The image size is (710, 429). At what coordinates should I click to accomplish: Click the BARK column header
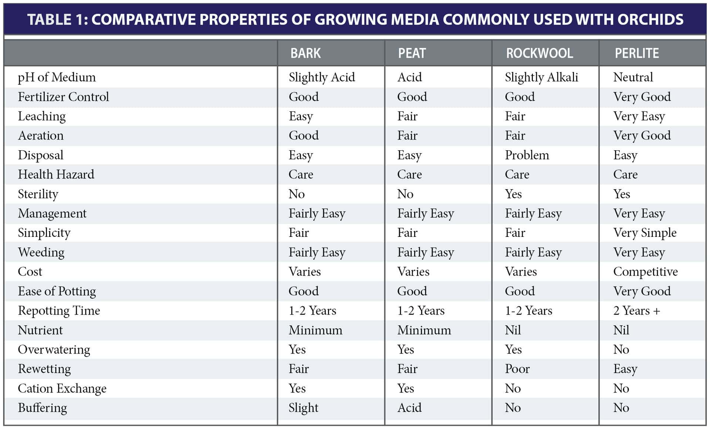coord(305,53)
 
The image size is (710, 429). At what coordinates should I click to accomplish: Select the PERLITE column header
coord(636,53)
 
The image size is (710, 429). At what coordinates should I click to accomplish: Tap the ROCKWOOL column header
coord(539,53)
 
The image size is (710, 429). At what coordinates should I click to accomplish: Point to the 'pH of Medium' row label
coord(57,77)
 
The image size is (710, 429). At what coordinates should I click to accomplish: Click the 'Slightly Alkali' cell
coord(541,77)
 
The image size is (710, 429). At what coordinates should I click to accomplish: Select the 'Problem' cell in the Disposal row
coord(527,155)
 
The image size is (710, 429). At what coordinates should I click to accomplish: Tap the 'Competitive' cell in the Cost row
coord(645,272)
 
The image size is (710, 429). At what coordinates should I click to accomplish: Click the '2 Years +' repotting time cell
coord(636,311)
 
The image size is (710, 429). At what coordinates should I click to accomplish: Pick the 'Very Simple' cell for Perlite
coord(645,233)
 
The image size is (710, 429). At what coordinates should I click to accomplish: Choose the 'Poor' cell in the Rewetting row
coord(517,369)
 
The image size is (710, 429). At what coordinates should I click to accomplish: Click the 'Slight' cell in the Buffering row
coord(303,408)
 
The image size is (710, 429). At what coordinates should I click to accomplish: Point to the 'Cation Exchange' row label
coord(62,388)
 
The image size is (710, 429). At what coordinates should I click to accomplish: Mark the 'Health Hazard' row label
coord(56,174)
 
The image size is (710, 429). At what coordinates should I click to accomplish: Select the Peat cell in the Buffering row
coord(409,408)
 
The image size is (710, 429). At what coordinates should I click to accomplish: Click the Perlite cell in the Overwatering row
coord(621,349)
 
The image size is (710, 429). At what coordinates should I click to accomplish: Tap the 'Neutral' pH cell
coord(633,77)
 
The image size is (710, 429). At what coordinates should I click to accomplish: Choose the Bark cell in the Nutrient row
coord(315,330)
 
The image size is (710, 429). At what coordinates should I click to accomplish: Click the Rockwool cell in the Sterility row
coord(513,194)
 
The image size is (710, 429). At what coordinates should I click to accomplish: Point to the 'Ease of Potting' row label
coord(57,291)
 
